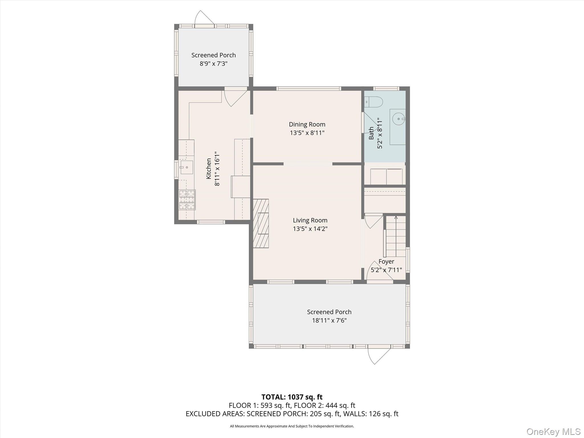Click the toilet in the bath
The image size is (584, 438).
[374, 102]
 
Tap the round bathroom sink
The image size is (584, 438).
[398, 119]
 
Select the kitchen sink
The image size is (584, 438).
[186, 167]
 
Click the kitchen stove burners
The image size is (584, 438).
[187, 200]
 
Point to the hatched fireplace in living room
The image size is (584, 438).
[261, 223]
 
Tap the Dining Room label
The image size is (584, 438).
[307, 124]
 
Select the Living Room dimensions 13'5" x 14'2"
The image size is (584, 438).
[310, 229]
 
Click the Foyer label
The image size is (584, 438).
[386, 261]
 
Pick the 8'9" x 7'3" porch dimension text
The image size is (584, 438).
[213, 64]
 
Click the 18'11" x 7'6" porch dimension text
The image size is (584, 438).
[329, 320]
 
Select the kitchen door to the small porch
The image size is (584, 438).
[236, 97]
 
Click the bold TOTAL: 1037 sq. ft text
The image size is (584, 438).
[292, 397]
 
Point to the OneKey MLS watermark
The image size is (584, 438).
[553, 431]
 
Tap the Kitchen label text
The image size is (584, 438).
[209, 169]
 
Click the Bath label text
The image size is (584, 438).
[371, 133]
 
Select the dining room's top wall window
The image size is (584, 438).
[309, 88]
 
